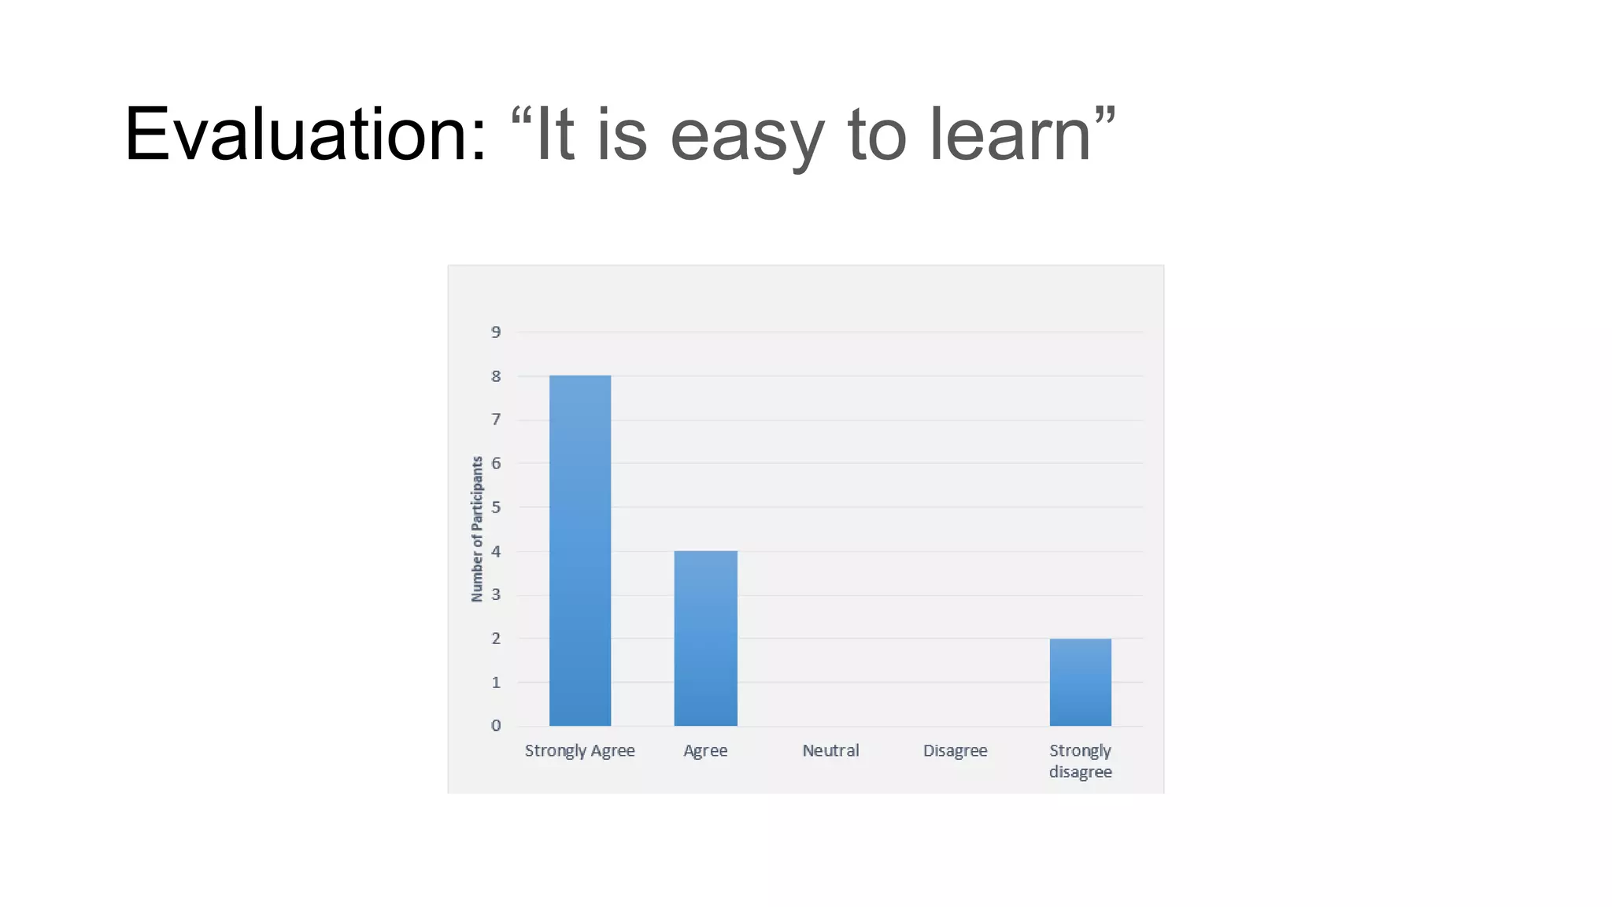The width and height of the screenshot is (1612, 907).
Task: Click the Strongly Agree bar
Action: [580, 550]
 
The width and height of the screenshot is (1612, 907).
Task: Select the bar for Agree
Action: [705, 639]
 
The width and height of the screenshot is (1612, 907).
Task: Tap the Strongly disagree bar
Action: [1080, 682]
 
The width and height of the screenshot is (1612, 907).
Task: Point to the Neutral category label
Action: [830, 750]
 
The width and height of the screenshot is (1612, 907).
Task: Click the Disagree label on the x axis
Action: [955, 750]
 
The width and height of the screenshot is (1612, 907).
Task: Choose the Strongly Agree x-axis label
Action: [579, 750]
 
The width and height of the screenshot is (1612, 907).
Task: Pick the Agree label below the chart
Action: [705, 750]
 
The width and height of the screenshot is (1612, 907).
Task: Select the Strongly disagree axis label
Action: [1080, 761]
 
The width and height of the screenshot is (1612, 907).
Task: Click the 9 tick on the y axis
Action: [496, 332]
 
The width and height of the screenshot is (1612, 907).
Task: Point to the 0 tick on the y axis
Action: [496, 725]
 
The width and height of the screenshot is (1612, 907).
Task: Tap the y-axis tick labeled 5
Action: [496, 507]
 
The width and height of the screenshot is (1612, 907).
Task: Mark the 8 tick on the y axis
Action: [496, 376]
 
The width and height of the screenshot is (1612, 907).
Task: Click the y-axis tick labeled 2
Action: [496, 639]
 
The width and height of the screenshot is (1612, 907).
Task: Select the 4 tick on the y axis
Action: [496, 551]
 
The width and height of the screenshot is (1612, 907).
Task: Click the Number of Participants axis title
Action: [477, 529]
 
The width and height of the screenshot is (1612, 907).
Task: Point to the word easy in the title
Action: [747, 136]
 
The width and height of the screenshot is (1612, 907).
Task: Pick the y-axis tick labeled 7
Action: [496, 420]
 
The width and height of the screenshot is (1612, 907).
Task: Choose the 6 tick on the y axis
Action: [496, 463]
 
